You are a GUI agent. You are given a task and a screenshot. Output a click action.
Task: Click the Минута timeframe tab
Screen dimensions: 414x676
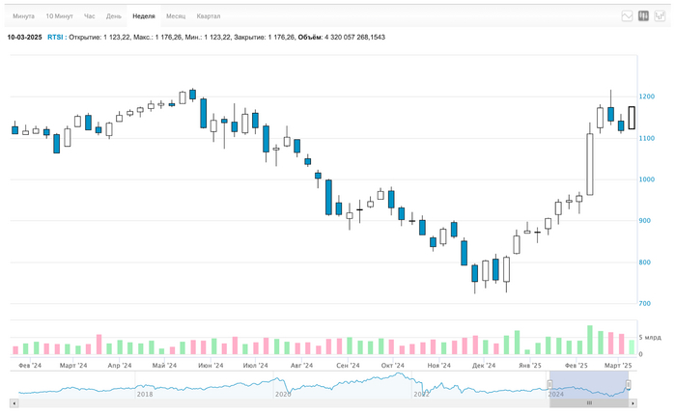point(23,16)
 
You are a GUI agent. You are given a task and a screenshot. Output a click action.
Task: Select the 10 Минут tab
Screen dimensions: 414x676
point(59,16)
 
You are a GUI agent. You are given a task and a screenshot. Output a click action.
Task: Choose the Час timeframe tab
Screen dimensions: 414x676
point(90,16)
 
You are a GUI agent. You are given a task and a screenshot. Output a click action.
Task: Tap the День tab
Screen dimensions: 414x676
point(114,16)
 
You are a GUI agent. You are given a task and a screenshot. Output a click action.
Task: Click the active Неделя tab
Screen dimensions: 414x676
point(144,16)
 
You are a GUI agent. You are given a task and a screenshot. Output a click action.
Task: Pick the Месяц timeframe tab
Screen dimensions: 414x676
point(176,16)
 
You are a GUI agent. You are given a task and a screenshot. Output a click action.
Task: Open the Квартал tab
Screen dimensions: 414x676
point(208,16)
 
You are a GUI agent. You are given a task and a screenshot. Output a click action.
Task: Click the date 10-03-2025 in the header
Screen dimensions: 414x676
point(24,37)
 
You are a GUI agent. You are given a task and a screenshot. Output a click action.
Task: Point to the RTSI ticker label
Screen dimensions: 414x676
point(55,37)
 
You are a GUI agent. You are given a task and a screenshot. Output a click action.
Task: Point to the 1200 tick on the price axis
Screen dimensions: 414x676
point(647,97)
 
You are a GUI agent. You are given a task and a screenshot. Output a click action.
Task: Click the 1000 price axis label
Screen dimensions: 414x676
point(647,179)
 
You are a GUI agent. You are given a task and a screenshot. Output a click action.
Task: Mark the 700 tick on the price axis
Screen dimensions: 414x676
point(645,304)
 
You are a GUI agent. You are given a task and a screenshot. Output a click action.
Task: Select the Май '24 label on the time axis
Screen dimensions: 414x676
point(164,366)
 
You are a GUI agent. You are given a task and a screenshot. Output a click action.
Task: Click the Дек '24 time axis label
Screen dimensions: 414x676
point(484,366)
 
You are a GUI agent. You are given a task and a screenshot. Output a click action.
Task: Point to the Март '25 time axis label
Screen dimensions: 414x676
point(617,366)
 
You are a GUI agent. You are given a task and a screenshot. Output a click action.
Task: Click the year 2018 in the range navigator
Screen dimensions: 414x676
point(145,394)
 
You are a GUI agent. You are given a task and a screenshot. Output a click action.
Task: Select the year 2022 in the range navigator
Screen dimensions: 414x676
point(421,394)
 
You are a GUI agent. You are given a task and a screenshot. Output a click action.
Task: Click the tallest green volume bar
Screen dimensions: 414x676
point(589,340)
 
